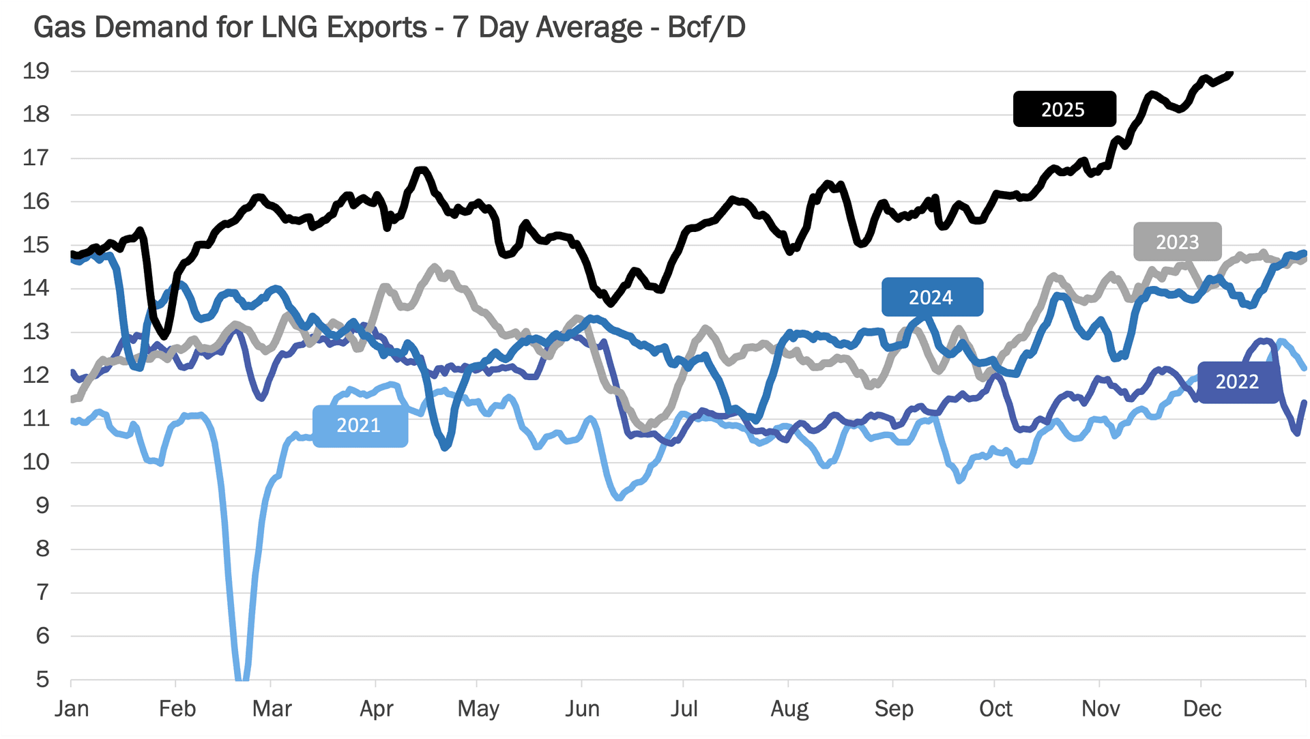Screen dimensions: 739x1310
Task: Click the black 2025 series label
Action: click(x=1064, y=109)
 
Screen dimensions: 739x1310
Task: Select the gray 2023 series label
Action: click(x=1177, y=242)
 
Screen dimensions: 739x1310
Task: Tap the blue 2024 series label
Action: click(x=931, y=298)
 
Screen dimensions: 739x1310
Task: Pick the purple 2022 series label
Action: click(x=1237, y=381)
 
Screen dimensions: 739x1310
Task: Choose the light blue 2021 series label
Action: click(x=360, y=426)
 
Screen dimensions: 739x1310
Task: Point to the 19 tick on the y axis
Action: click(x=35, y=71)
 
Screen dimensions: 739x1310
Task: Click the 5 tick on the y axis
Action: click(x=42, y=680)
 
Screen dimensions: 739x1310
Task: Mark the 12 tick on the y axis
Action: click(x=35, y=375)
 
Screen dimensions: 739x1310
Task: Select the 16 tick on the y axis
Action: click(x=35, y=201)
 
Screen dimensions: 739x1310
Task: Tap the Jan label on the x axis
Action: click(x=72, y=709)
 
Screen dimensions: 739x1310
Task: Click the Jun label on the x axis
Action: click(x=582, y=709)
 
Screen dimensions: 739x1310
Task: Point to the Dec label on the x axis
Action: click(x=1202, y=709)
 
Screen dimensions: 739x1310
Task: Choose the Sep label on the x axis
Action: click(x=893, y=709)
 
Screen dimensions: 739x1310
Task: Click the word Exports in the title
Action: click(x=377, y=28)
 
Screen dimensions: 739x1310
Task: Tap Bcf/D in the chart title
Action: click(x=706, y=28)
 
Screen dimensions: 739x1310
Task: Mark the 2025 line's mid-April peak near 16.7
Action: click(x=421, y=170)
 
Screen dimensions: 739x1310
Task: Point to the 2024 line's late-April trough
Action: click(x=446, y=447)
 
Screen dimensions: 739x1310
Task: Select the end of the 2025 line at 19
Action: click(x=1229, y=74)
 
